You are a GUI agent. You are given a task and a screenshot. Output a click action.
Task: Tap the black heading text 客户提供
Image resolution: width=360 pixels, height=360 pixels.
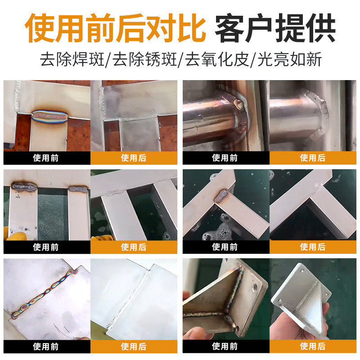[x=275, y=28]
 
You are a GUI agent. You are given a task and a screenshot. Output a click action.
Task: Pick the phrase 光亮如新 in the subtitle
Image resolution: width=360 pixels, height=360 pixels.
[x=289, y=60]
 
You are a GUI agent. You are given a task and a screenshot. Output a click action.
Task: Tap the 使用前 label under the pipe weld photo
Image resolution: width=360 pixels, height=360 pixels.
[x=225, y=158]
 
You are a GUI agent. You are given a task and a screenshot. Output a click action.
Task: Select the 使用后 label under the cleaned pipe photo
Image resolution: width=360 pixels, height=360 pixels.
[x=313, y=158]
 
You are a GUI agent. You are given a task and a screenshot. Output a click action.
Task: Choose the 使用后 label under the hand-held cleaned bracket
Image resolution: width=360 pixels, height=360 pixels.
[x=313, y=346]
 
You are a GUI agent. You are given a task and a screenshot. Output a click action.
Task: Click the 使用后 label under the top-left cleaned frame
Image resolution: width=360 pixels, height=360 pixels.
[x=134, y=158]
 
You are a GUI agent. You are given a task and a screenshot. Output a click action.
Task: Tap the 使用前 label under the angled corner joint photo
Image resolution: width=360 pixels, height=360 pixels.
[x=225, y=247]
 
